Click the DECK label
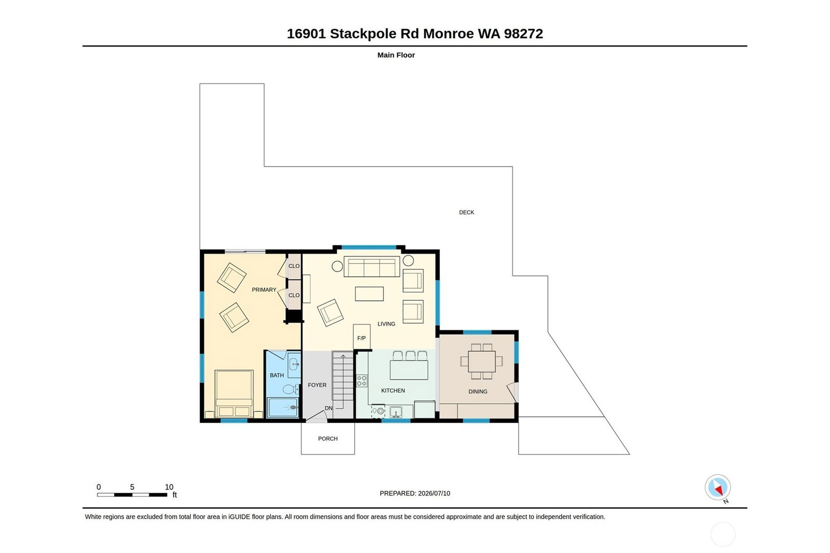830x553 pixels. point(466,212)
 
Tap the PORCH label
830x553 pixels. point(328,439)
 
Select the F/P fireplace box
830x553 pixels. point(362,337)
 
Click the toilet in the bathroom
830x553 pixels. point(291,389)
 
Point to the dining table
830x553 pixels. point(482,362)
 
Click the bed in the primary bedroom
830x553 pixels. point(234,394)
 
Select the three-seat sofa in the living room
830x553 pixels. point(371,267)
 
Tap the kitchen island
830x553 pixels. point(409,370)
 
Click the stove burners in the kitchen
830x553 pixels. point(362,381)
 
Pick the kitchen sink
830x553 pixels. point(396,412)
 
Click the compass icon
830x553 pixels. point(718,488)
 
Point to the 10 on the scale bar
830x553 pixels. point(169,487)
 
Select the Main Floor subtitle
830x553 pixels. point(396,55)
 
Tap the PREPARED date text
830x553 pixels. point(415,493)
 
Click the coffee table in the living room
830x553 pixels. point(369,294)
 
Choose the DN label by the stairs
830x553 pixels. point(329,408)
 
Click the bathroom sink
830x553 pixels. point(294,364)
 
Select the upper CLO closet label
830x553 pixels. point(294,266)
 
